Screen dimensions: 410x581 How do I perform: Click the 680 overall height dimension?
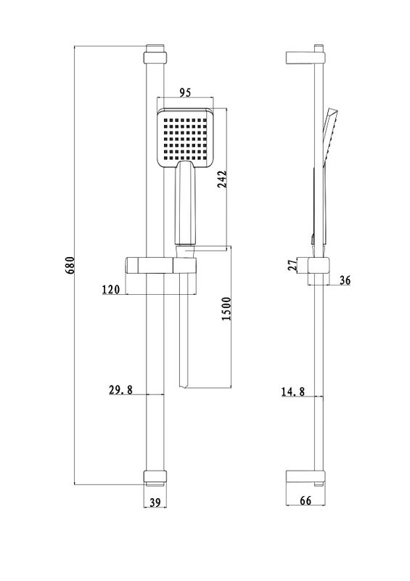(x=70, y=265)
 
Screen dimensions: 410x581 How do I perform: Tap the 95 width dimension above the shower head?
(x=185, y=92)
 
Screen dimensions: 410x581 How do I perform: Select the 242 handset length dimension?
(x=221, y=179)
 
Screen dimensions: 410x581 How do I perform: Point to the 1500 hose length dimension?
(x=226, y=309)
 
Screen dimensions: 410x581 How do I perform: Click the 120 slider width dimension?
(x=111, y=289)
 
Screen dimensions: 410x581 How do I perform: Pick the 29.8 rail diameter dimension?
(x=120, y=390)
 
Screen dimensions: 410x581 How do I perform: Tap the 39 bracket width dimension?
(x=155, y=503)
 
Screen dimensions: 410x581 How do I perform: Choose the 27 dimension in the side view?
(x=293, y=265)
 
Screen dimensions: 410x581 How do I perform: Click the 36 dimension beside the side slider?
(x=345, y=280)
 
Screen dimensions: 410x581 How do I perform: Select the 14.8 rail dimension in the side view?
(x=293, y=391)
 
